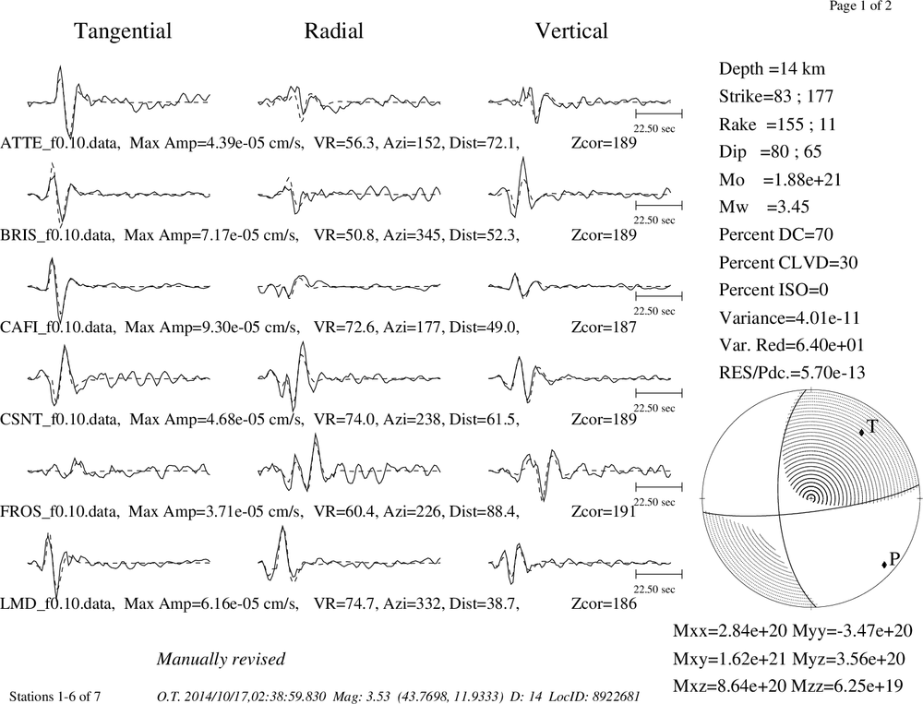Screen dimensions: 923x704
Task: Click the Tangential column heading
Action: [123, 31]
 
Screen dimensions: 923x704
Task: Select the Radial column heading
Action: [334, 30]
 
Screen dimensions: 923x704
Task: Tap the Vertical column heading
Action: [571, 30]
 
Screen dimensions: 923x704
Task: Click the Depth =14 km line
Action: [772, 69]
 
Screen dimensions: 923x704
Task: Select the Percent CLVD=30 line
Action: [788, 263]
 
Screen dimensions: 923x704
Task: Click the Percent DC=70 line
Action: [776, 235]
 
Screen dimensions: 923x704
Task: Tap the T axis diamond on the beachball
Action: [861, 432]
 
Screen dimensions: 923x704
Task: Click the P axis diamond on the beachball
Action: [884, 565]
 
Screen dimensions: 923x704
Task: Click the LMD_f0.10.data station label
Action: [58, 604]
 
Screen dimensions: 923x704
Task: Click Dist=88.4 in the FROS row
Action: [484, 511]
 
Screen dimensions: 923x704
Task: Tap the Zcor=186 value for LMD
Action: [604, 604]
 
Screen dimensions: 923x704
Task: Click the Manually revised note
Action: [221, 660]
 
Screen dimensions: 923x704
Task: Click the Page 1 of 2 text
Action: [860, 6]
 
